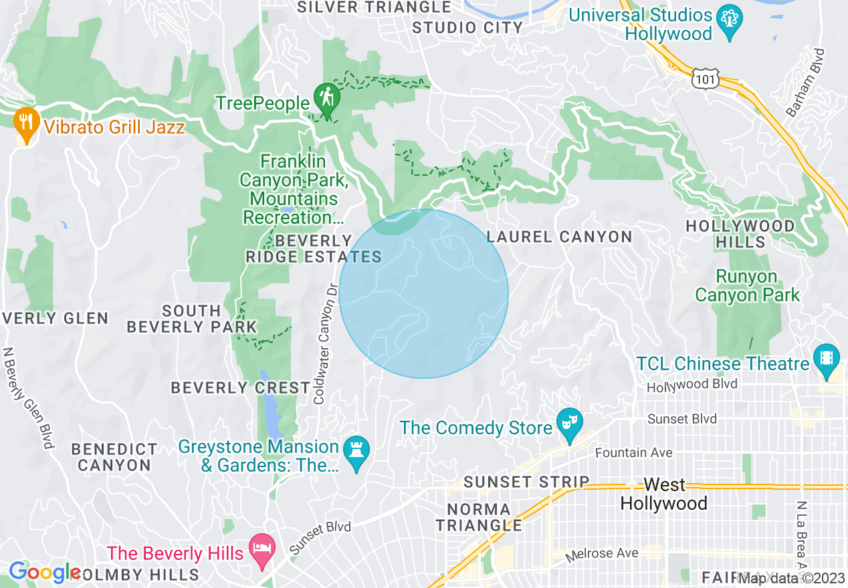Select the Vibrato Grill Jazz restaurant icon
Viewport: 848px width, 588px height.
pos(25,123)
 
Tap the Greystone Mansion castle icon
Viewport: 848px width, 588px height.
pos(356,452)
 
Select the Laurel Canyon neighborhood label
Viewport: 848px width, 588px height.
pos(559,237)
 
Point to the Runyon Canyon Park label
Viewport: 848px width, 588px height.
pos(747,285)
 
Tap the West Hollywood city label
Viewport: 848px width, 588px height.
pos(663,494)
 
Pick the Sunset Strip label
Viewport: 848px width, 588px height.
pos(526,482)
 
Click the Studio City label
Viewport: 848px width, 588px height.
pos(467,27)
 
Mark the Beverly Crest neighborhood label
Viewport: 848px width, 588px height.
pos(241,388)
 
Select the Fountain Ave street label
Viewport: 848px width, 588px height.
pos(633,452)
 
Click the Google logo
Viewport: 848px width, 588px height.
pos(45,573)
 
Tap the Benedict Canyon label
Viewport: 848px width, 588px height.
pos(114,457)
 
